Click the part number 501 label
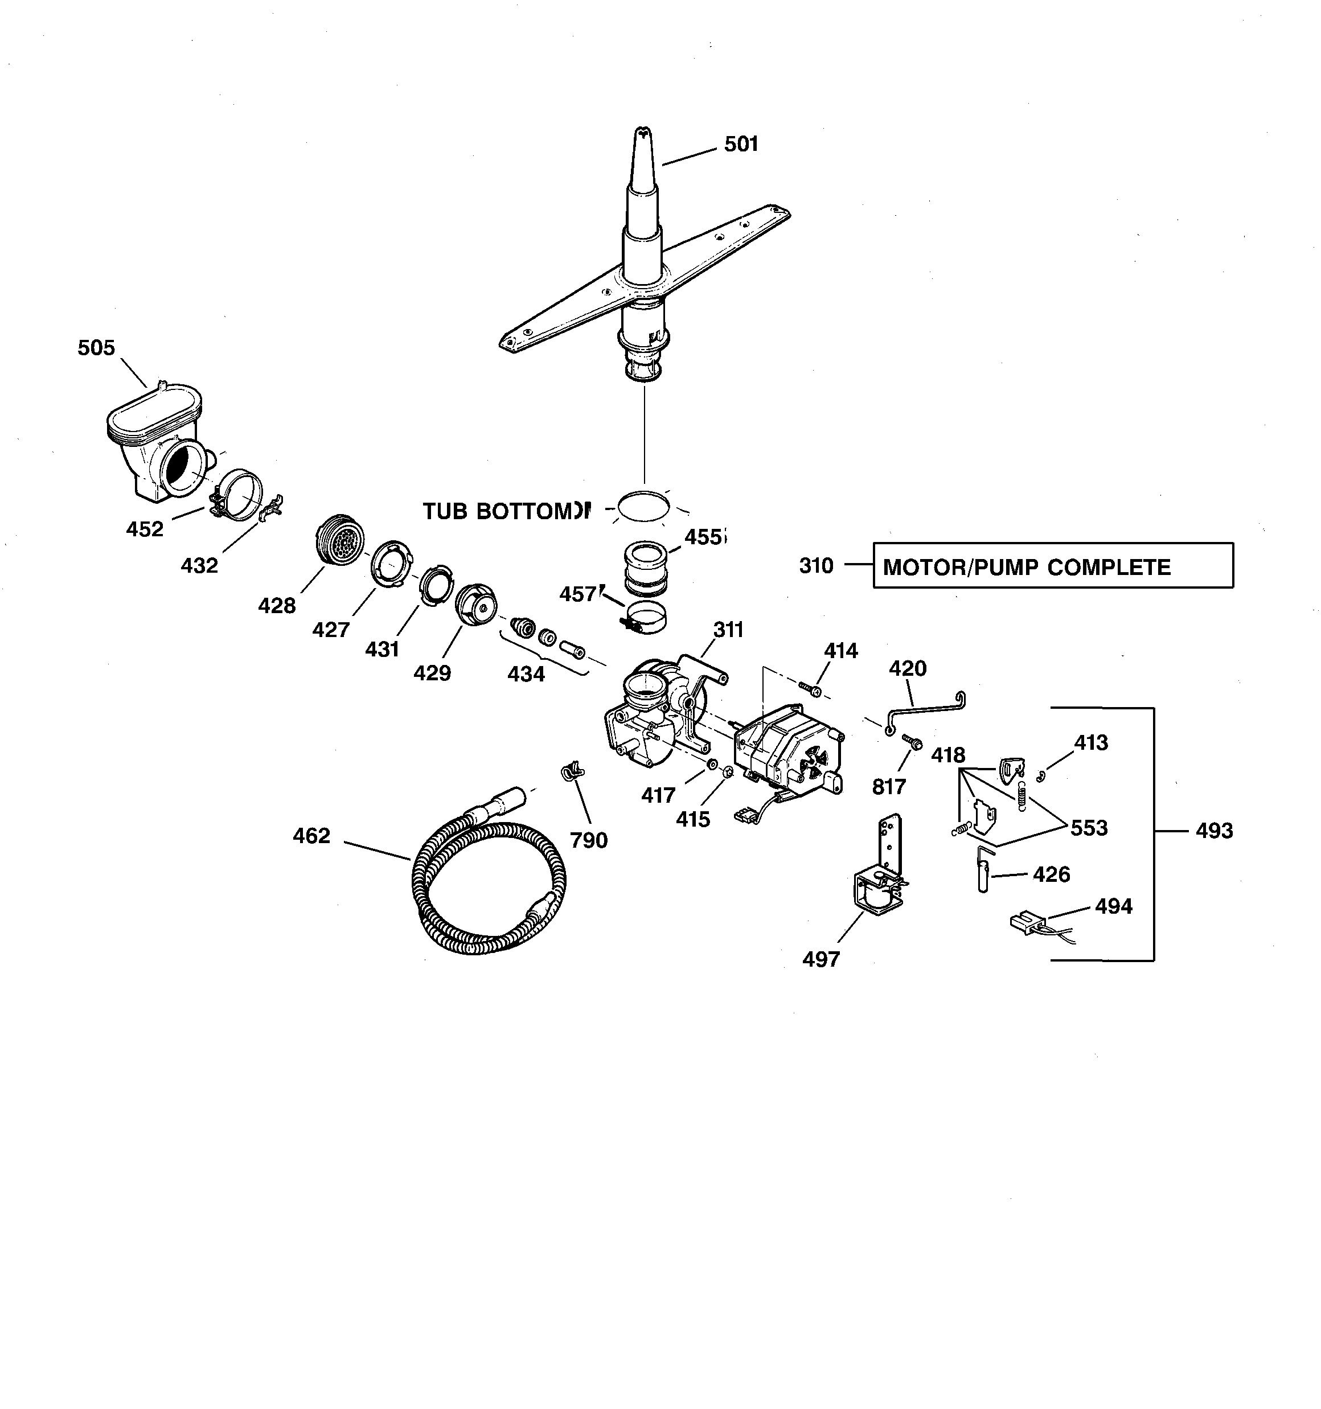click(x=741, y=145)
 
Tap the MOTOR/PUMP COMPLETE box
click(x=1052, y=565)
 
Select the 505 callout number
click(x=96, y=348)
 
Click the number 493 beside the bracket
click(x=1214, y=831)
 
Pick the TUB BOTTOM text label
click(x=505, y=511)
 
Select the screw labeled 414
click(x=809, y=688)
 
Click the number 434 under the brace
click(x=526, y=674)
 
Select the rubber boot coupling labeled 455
click(x=646, y=568)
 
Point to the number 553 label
click(x=1089, y=828)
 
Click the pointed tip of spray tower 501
click(x=643, y=133)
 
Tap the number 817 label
click(x=888, y=787)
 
